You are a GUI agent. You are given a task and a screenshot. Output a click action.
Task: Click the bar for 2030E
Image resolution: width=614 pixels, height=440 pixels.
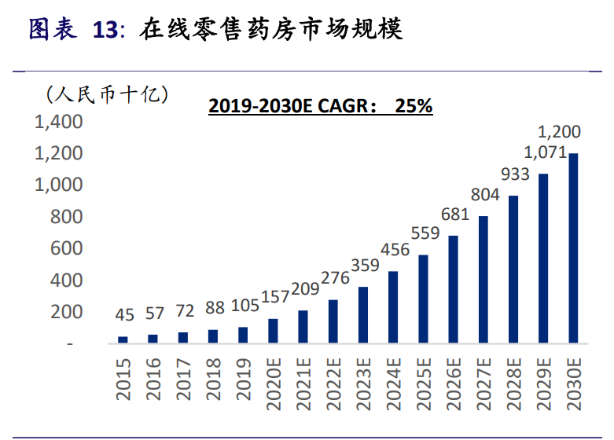point(574,248)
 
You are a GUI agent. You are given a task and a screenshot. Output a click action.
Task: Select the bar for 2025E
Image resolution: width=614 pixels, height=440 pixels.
point(423,299)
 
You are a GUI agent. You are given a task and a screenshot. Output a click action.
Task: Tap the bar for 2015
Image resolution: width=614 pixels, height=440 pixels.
point(123,339)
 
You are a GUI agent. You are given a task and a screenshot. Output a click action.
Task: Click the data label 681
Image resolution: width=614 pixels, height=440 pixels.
point(454,214)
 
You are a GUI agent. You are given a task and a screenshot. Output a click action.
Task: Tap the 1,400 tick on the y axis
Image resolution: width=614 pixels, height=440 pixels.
point(57,122)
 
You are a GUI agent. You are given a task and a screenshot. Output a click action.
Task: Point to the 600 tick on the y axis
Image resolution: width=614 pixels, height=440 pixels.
point(66,248)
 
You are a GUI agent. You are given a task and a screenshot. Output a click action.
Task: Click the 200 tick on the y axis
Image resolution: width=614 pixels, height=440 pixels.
point(66,312)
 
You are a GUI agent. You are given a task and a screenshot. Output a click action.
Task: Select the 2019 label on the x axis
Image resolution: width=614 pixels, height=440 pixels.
point(242,379)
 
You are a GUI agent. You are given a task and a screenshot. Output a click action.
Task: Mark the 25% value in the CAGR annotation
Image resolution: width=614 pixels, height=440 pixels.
point(414,106)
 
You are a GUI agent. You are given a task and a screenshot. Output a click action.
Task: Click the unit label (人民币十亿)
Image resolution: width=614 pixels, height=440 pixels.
point(107,95)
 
